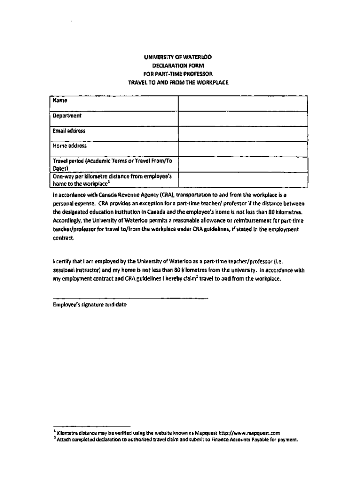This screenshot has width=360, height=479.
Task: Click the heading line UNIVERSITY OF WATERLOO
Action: [177, 58]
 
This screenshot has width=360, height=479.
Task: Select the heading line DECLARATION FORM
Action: [177, 66]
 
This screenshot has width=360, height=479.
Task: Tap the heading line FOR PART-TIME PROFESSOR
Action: [177, 74]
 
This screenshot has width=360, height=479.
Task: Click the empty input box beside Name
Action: [242, 104]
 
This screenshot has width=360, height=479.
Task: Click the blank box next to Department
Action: [242, 119]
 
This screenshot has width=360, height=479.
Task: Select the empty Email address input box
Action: [242, 134]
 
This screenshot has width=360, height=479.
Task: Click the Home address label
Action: [70, 146]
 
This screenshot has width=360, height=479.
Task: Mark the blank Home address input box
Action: [242, 150]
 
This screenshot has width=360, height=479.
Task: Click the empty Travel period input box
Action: [242, 165]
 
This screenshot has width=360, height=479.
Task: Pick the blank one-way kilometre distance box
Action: [242, 180]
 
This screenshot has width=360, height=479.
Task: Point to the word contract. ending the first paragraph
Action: [63, 238]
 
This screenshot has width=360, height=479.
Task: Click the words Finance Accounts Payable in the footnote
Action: [237, 440]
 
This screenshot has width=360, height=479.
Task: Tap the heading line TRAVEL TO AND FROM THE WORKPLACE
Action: [177, 83]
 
